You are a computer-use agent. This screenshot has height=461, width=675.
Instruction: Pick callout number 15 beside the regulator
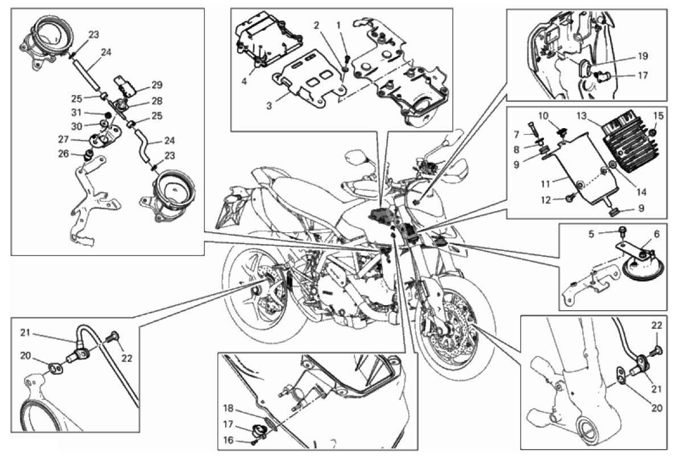[x=658, y=116]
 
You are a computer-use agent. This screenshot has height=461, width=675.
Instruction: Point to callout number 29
[x=158, y=85]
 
